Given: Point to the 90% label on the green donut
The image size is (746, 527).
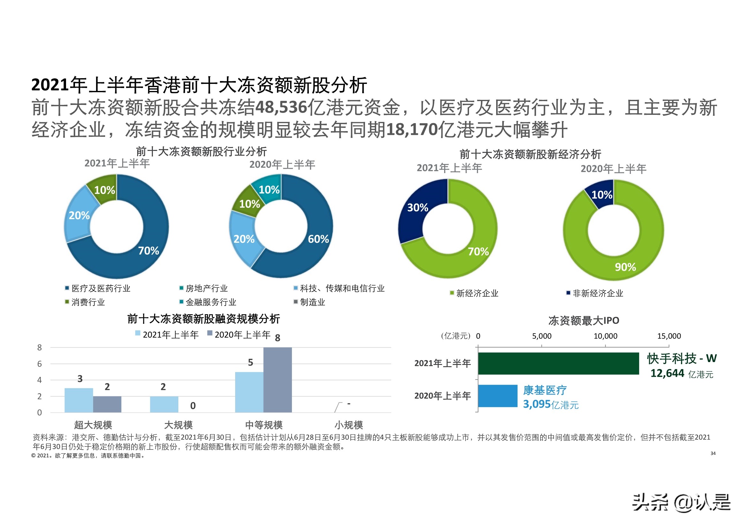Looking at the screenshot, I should pyautogui.click(x=625, y=267).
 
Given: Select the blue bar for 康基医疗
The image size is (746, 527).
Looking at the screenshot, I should pyautogui.click(x=497, y=396).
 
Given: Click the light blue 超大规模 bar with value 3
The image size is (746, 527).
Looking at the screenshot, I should pyautogui.click(x=78, y=400).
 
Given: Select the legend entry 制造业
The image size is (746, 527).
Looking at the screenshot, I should pyautogui.click(x=312, y=302).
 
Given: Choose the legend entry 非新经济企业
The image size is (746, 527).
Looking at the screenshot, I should pyautogui.click(x=597, y=293).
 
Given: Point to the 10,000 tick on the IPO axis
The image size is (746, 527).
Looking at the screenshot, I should pyautogui.click(x=605, y=336).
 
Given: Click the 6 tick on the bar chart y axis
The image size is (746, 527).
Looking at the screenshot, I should pyautogui.click(x=40, y=364).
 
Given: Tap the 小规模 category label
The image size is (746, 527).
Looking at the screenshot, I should pyautogui.click(x=348, y=425).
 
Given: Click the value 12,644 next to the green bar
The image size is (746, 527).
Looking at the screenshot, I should pyautogui.click(x=667, y=373).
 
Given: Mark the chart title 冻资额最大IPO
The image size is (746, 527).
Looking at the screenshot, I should pyautogui.click(x=584, y=321).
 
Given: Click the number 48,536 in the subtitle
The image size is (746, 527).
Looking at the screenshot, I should pyautogui.click(x=281, y=107).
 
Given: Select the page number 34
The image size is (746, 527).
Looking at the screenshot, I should pyautogui.click(x=713, y=453).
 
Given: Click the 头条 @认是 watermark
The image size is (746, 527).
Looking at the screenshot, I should pyautogui.click(x=681, y=502).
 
